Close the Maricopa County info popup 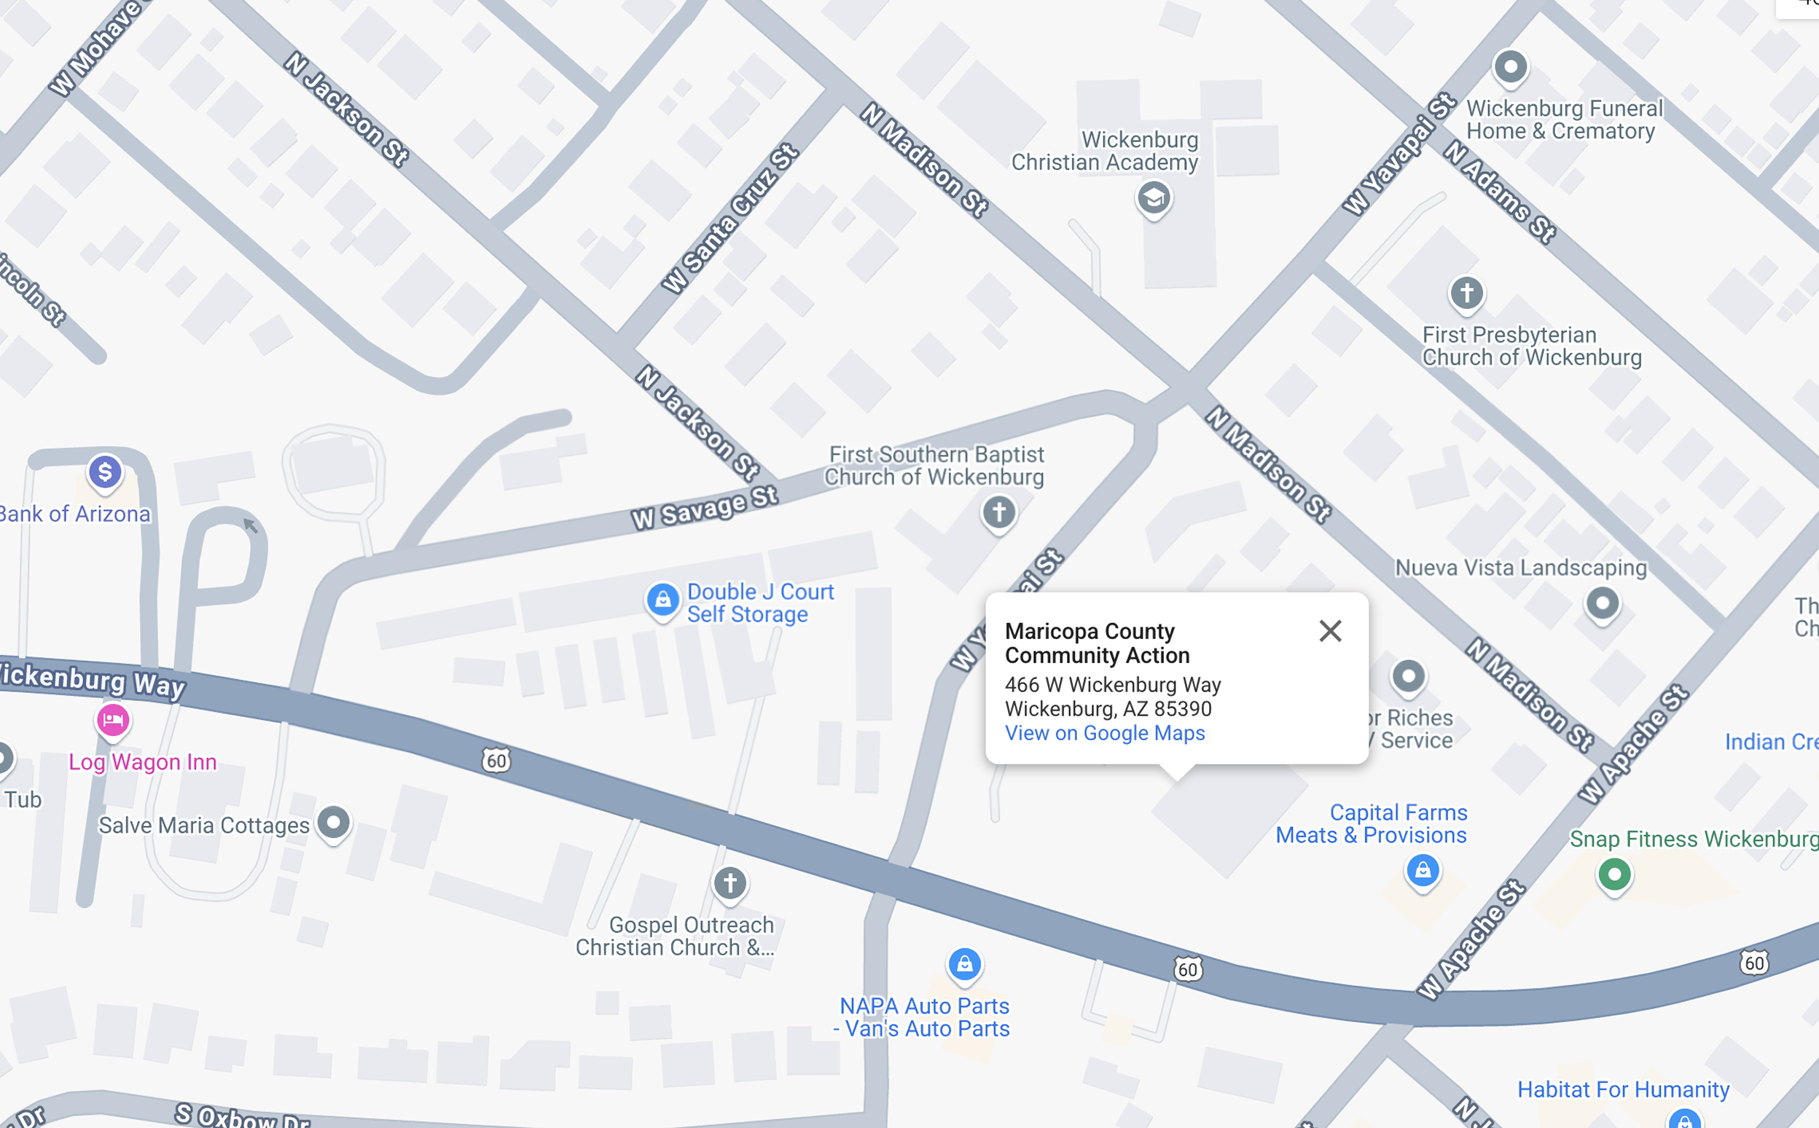point(1329,631)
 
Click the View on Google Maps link point(1104,733)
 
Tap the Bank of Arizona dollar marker point(105,472)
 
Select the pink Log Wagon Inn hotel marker point(114,721)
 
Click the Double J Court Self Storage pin point(662,600)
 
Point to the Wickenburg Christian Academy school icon point(1154,198)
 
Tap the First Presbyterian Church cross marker point(1466,292)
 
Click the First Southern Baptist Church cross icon point(999,512)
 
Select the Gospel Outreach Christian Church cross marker point(729,883)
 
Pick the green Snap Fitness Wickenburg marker point(1614,874)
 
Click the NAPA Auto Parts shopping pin point(964,965)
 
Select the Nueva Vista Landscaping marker point(1603,603)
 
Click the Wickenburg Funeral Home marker point(1511,67)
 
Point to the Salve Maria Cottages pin point(334,823)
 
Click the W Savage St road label point(704,509)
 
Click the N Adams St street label point(1500,192)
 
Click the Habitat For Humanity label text point(1623,1089)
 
